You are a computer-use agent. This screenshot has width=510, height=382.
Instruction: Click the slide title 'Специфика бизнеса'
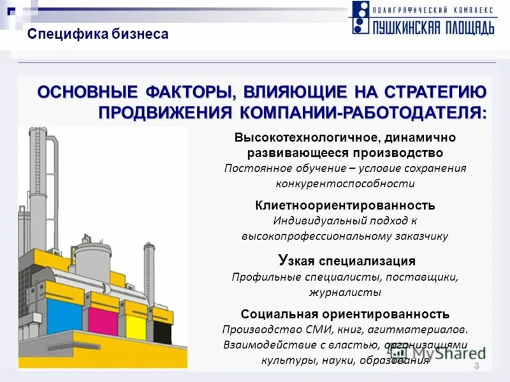98,34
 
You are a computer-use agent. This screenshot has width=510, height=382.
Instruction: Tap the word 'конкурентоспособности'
345,183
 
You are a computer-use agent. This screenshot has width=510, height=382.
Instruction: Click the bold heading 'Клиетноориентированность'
345,206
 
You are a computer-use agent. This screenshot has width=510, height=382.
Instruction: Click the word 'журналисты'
345,292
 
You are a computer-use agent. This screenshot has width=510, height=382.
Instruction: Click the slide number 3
476,365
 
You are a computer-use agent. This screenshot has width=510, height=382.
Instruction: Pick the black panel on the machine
163,331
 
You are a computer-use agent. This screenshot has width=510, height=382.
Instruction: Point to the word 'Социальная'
271,315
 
